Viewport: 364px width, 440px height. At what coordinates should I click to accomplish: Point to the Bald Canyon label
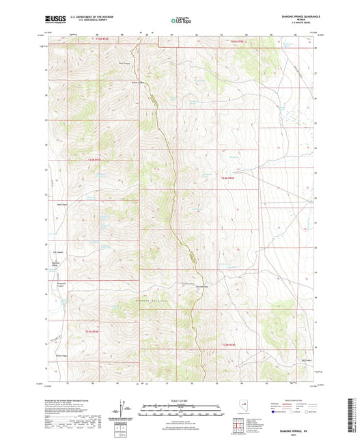pos(125,66)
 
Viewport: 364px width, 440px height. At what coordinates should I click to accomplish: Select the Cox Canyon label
pos(59,252)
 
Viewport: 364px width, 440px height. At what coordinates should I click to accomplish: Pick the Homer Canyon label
pos(60,356)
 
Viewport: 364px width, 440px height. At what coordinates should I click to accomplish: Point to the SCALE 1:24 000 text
pos(180,400)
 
